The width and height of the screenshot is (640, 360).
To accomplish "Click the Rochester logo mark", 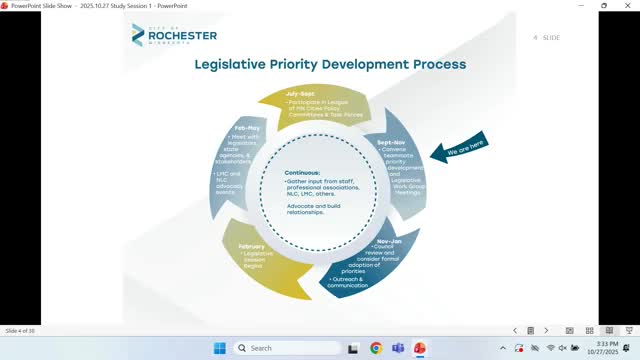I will point(141,37).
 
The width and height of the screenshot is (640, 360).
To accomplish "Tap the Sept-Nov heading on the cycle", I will point(392,142).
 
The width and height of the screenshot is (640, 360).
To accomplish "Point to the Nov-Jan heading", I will point(390,242).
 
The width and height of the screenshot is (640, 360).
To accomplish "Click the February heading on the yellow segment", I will point(254,246).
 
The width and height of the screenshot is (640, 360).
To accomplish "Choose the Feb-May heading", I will point(247,129).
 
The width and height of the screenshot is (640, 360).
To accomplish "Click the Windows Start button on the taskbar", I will point(219,348).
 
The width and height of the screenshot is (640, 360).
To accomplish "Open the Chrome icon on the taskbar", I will point(375,348).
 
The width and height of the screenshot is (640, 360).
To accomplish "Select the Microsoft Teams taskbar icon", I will point(397,348).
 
